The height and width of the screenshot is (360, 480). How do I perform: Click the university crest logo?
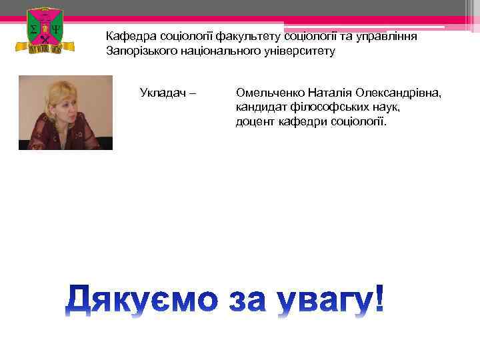pos(41,30)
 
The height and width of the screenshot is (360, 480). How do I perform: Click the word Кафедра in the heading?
pos(129,36)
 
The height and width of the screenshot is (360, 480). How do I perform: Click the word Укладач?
pos(163,91)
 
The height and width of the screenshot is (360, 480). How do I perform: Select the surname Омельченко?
pos(271,92)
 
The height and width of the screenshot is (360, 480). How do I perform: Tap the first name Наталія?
pos(331,92)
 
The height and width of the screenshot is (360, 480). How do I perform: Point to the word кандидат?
pos(261,107)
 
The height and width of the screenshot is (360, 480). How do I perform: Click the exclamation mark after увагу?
pos(379,298)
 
